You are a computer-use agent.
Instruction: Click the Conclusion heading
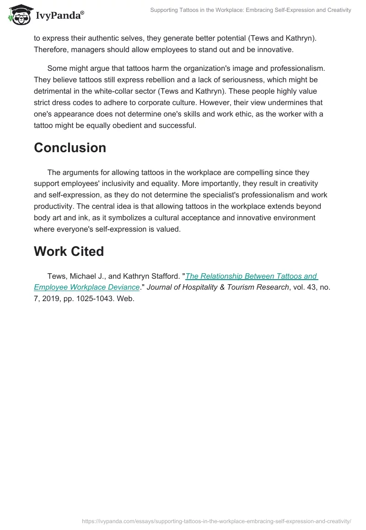click(x=70, y=148)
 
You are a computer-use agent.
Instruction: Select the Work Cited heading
click(x=69, y=251)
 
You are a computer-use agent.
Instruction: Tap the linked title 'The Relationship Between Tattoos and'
click(x=251, y=276)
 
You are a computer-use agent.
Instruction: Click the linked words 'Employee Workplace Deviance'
click(x=86, y=287)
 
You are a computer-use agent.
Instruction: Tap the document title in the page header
click(x=251, y=10)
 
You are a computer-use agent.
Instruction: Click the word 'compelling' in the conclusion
click(x=253, y=172)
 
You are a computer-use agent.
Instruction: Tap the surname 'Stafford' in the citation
click(x=165, y=276)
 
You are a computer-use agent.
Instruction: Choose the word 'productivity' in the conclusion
click(x=55, y=207)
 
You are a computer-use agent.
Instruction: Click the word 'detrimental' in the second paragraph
click(x=53, y=91)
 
